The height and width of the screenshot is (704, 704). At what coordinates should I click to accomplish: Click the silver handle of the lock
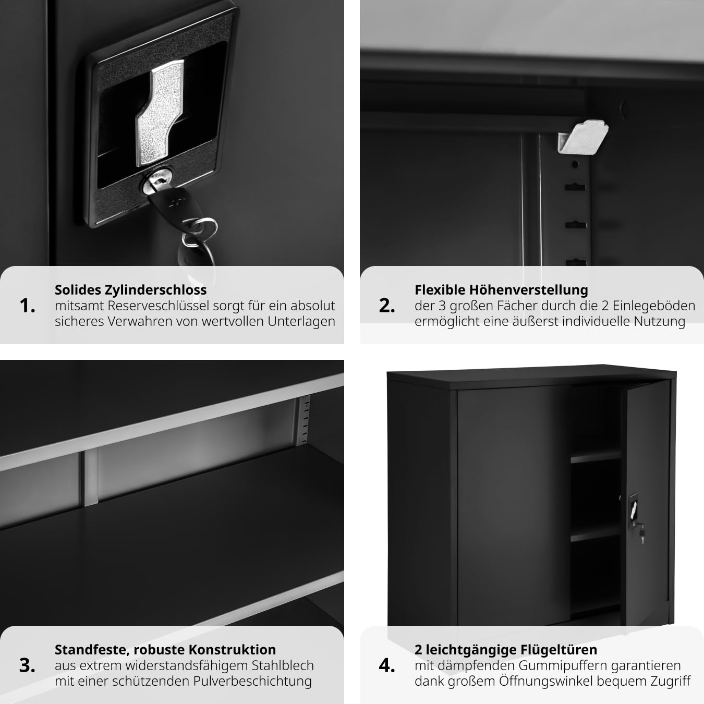160,113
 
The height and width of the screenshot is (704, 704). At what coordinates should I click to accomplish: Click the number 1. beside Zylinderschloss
28,306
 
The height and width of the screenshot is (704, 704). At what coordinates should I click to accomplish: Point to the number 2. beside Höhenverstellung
387,306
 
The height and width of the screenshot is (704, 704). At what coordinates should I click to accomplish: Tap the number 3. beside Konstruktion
28,665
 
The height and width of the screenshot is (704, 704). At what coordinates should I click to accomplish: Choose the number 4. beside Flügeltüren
387,665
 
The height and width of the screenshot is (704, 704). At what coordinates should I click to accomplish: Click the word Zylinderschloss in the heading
155,290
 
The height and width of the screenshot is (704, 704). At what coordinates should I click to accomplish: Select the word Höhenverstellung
529,290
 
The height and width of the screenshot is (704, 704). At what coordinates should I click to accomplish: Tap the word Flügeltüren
559,650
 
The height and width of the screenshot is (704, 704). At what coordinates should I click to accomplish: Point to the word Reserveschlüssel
158,306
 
